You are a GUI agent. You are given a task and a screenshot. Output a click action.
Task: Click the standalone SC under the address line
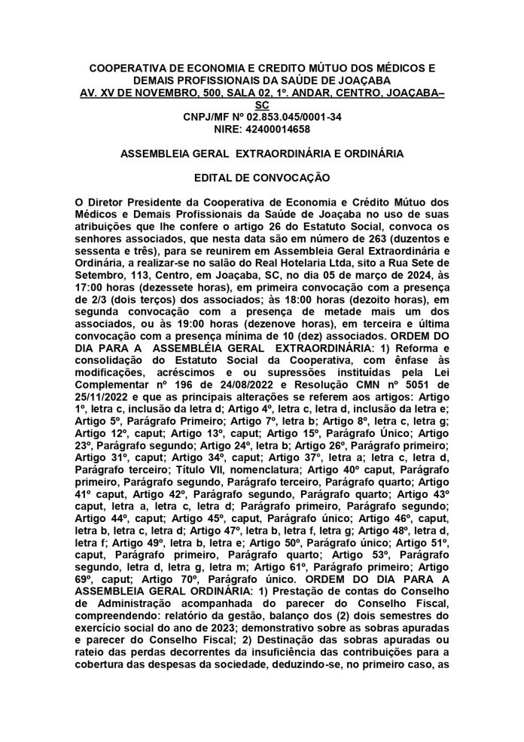pyautogui.click(x=261, y=105)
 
